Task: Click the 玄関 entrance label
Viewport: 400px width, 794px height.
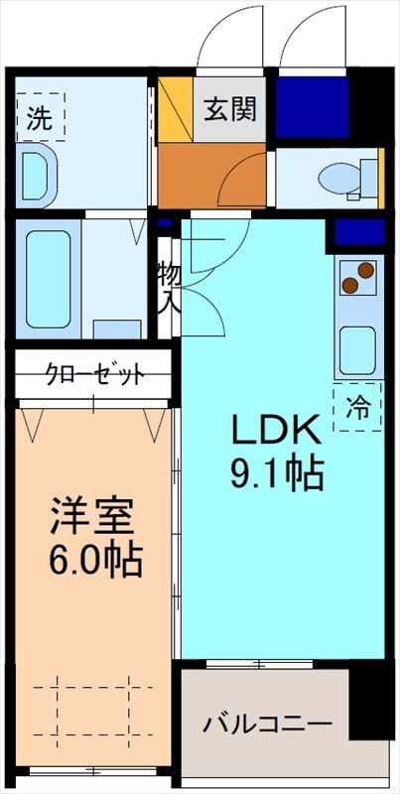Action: click(229, 109)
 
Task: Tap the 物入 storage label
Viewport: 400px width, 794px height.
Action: click(168, 287)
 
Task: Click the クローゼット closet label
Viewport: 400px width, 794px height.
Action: click(95, 374)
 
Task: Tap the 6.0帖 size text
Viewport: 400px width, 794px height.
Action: click(93, 562)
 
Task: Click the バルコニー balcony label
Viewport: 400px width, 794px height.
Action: click(267, 724)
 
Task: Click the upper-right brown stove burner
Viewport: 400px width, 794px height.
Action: click(365, 269)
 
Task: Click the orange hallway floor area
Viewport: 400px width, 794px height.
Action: click(208, 176)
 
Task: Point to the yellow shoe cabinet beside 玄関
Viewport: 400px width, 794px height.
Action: click(177, 109)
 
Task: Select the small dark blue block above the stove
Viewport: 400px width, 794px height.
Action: click(358, 233)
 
